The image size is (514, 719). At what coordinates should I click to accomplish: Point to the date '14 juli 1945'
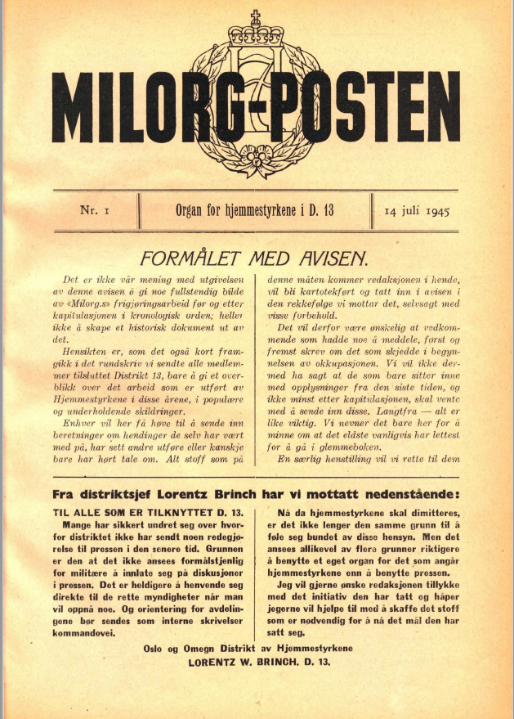[x=418, y=211]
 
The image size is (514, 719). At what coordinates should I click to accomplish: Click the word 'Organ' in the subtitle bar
[x=194, y=210]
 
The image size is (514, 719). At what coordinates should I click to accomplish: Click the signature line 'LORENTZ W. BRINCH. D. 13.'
[x=259, y=662]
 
